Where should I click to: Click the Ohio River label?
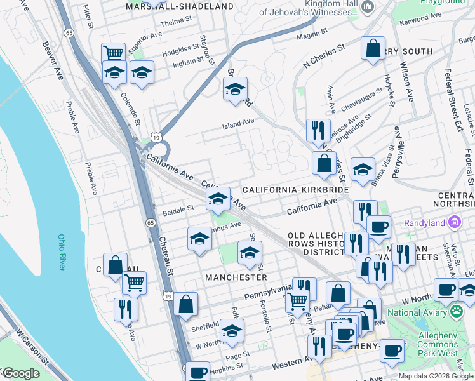point(62,253)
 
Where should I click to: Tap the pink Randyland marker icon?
point(454,222)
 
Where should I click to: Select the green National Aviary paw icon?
point(456,312)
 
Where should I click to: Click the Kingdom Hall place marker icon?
point(367,6)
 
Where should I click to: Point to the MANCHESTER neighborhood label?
point(236,277)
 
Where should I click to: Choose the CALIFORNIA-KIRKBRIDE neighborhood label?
point(295,190)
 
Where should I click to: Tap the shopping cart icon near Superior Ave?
point(113,53)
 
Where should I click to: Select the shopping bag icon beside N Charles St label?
point(373,48)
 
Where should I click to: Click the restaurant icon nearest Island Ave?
point(318,130)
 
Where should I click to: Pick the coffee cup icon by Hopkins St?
point(198,371)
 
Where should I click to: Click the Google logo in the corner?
point(20,373)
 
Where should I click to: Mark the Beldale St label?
point(178,208)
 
